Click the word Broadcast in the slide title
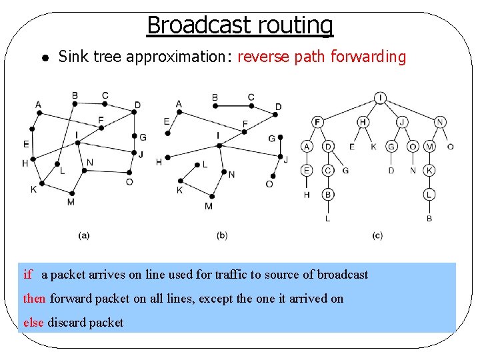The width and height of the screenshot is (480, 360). click(x=190, y=25)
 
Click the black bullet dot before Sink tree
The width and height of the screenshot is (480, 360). click(x=41, y=59)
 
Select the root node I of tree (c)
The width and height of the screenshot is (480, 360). click(x=380, y=98)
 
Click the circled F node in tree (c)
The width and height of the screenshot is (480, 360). click(x=317, y=122)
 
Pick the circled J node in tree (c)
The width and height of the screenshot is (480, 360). click(x=402, y=122)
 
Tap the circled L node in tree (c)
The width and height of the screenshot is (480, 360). click(x=429, y=195)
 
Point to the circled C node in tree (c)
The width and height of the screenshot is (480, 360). click(x=328, y=171)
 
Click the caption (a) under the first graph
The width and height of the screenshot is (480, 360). click(x=84, y=235)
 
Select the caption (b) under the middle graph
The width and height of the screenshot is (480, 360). click(x=223, y=235)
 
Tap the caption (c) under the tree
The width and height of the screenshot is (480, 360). click(x=377, y=235)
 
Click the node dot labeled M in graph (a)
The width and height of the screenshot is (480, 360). click(x=71, y=194)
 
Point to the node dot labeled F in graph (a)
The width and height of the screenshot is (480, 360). click(x=100, y=129)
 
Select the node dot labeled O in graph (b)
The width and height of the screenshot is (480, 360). click(x=270, y=175)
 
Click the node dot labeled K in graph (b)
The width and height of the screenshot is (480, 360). click(x=180, y=181)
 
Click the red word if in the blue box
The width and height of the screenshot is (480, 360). click(x=27, y=275)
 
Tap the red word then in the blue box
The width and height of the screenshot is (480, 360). click(x=34, y=299)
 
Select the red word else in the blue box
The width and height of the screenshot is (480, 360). click(x=33, y=323)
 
